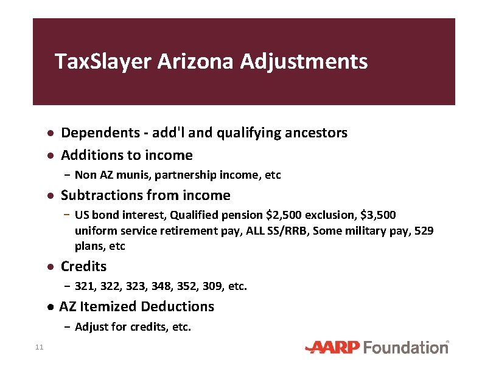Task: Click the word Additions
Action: pyautogui.click(x=89, y=155)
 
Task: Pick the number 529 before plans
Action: pyautogui.click(x=424, y=231)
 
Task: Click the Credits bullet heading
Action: pyautogui.click(x=84, y=266)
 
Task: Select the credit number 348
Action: pyautogui.click(x=166, y=286)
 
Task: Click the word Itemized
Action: pyautogui.click(x=112, y=306)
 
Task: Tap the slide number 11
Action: pyautogui.click(x=39, y=347)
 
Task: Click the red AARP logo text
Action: pyautogui.click(x=334, y=348)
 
